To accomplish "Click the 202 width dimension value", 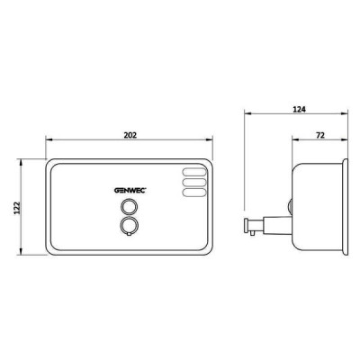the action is (x=130, y=135).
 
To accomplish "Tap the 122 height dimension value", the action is (x=17, y=208).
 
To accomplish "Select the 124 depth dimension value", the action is (x=299, y=109).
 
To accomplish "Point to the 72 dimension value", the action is (x=320, y=135).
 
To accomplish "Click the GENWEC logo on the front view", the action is (x=130, y=190).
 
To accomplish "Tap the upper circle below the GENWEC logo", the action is (x=130, y=207).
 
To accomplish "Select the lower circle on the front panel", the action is (x=130, y=225).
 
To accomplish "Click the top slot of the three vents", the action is (x=194, y=172).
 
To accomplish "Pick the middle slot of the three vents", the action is (x=194, y=183).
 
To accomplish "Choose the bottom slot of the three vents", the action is (x=194, y=193).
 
